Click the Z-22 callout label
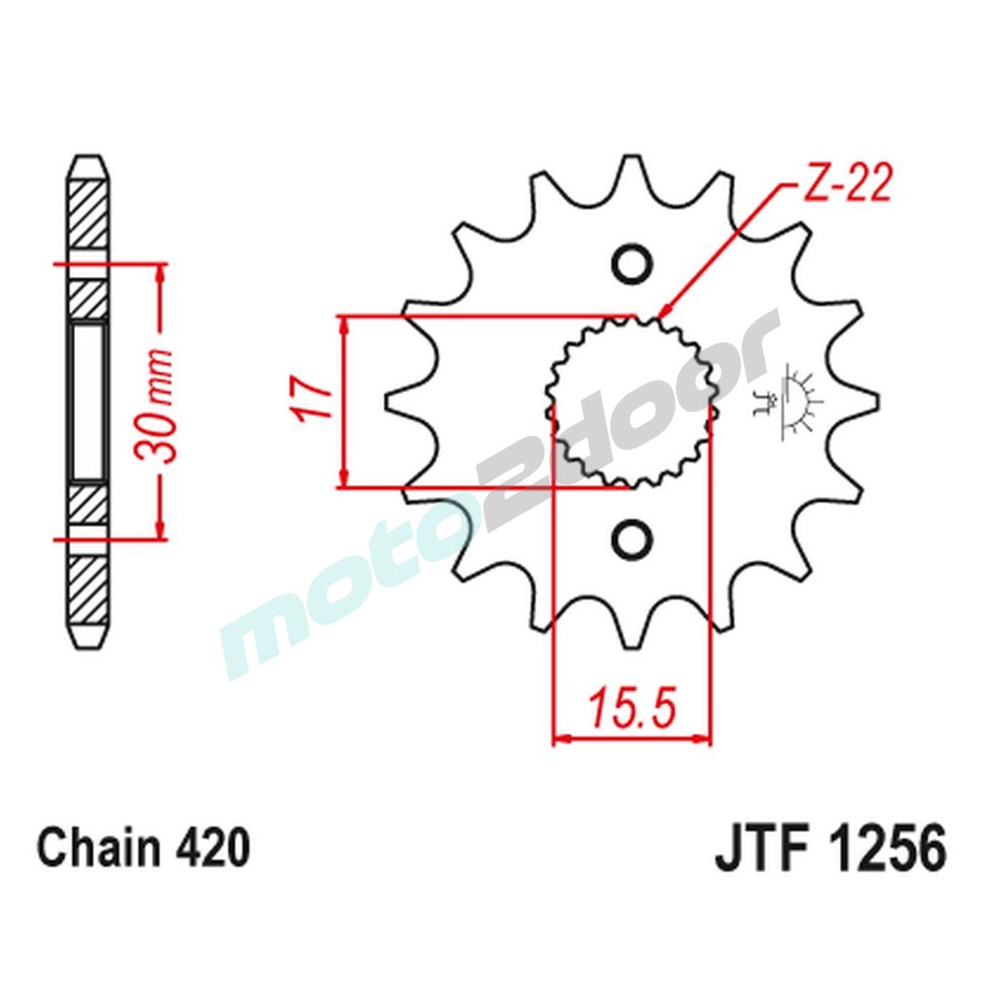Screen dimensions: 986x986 point(846,184)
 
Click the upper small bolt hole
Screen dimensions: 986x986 point(631,263)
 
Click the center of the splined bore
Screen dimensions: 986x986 point(631,401)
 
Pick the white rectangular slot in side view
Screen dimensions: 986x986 point(88,401)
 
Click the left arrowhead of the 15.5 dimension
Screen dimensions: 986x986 point(557,737)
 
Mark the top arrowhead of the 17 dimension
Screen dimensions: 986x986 point(343,321)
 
